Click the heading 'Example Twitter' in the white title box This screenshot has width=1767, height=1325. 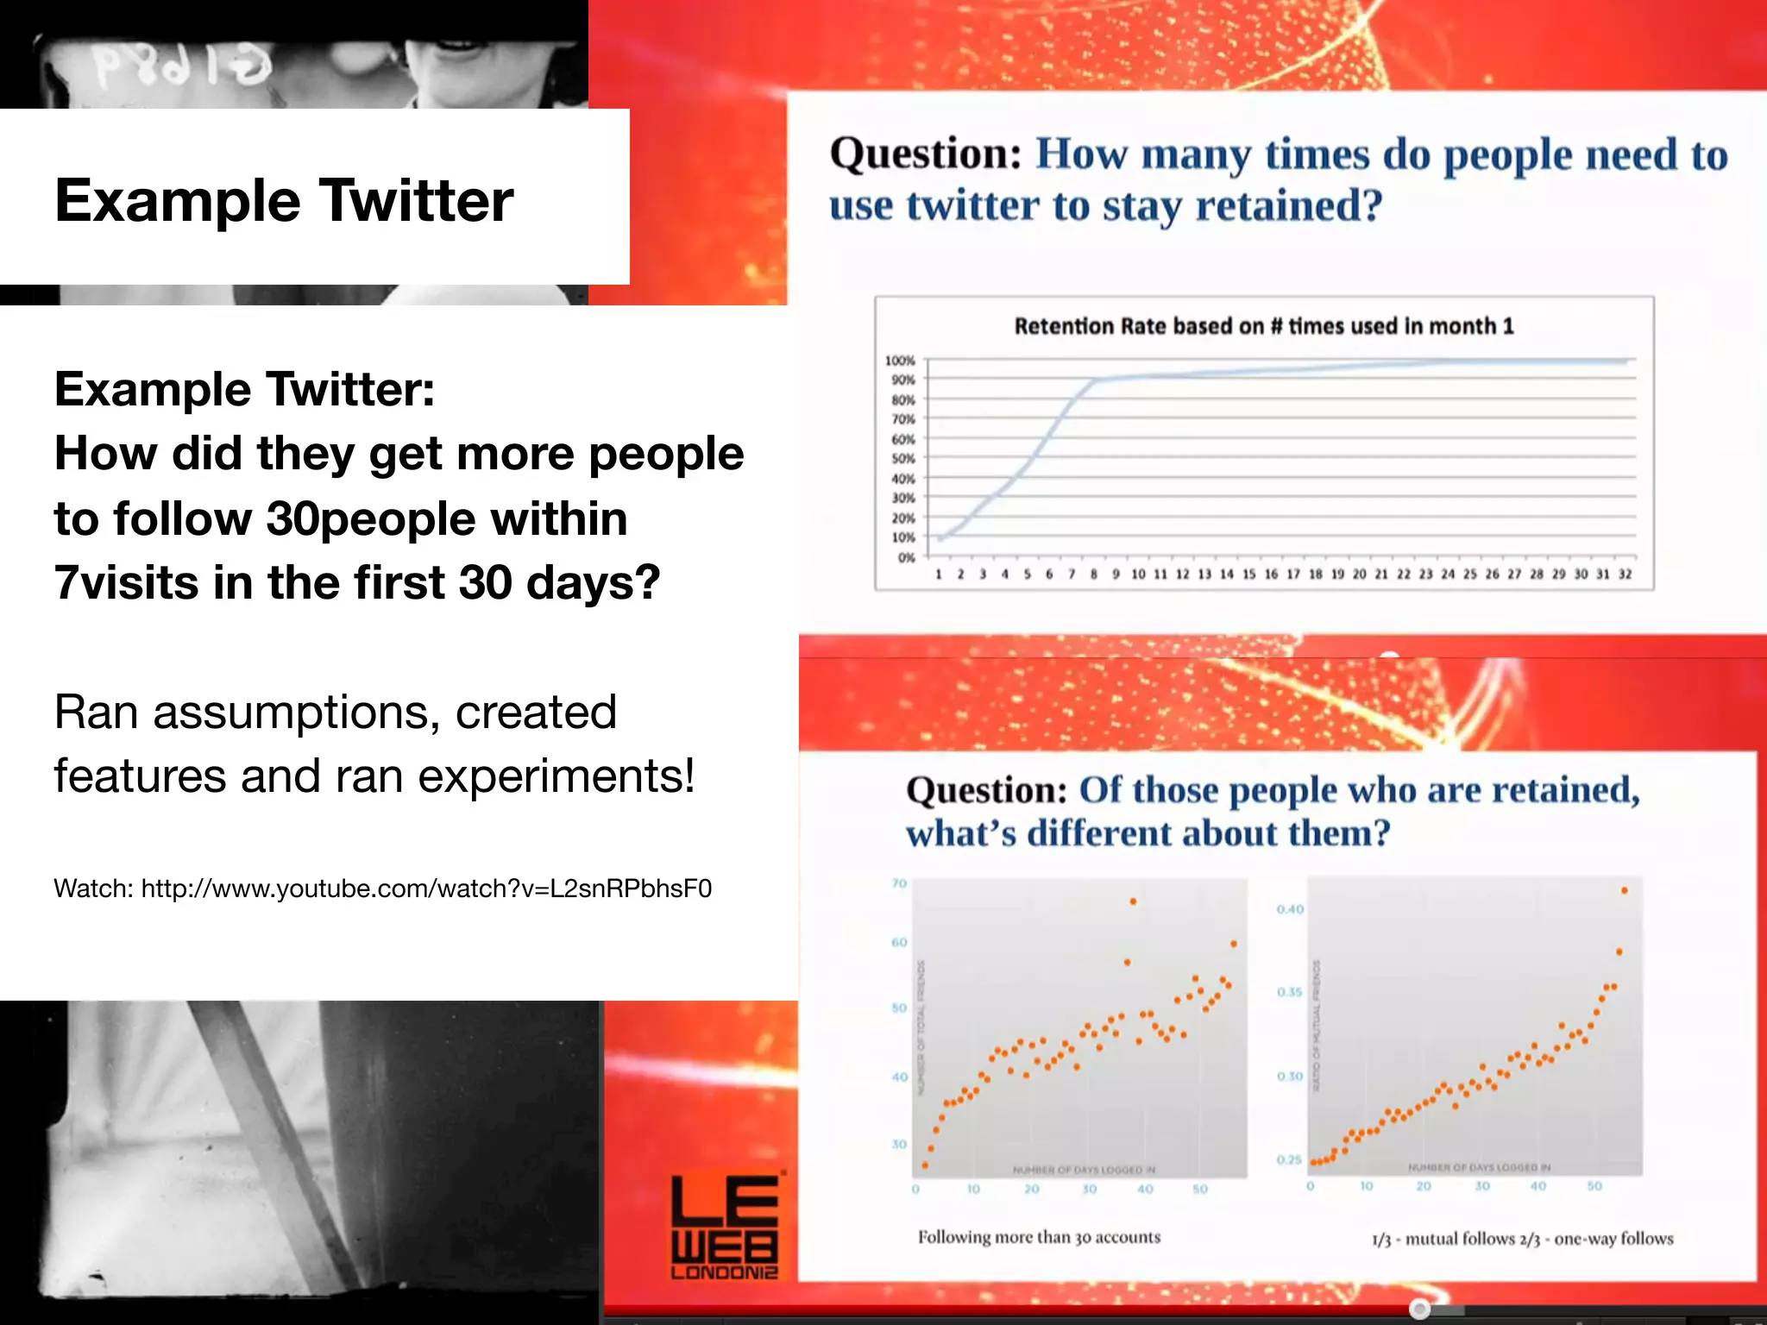tap(284, 200)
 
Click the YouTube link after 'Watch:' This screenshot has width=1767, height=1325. tap(426, 889)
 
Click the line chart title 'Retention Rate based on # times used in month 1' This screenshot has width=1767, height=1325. tap(1263, 326)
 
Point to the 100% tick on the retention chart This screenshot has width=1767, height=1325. tap(900, 361)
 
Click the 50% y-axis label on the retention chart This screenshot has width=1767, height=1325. tap(902, 458)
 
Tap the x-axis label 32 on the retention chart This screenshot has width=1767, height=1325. tap(1625, 574)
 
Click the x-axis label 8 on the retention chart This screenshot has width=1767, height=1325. tap(1093, 574)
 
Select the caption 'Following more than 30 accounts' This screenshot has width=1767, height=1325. tap(1039, 1237)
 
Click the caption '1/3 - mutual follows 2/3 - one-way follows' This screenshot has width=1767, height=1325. tap(1522, 1239)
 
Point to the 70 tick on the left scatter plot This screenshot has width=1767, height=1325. tap(899, 883)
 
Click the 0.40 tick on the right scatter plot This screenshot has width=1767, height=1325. tap(1290, 909)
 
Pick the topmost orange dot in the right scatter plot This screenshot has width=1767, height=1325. tap(1624, 890)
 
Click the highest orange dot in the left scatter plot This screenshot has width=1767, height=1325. tap(1133, 901)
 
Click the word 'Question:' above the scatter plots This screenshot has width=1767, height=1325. tap(986, 790)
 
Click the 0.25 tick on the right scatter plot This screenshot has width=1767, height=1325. tap(1289, 1159)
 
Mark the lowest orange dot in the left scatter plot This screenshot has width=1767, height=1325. tap(925, 1165)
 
